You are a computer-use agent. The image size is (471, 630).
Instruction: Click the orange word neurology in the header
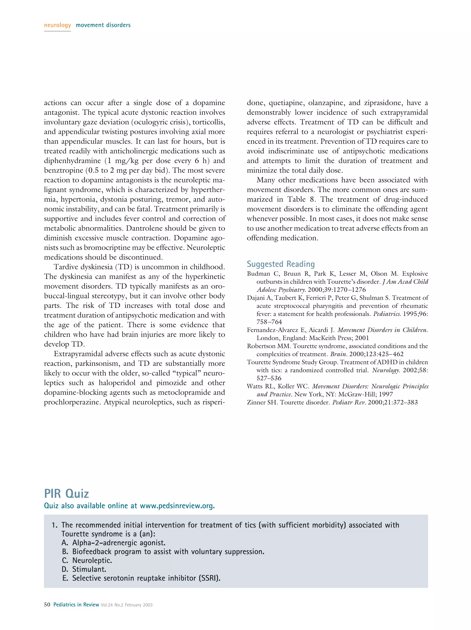57,25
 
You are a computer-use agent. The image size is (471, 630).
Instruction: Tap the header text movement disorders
103,25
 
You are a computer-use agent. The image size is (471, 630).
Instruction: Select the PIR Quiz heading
66,493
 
